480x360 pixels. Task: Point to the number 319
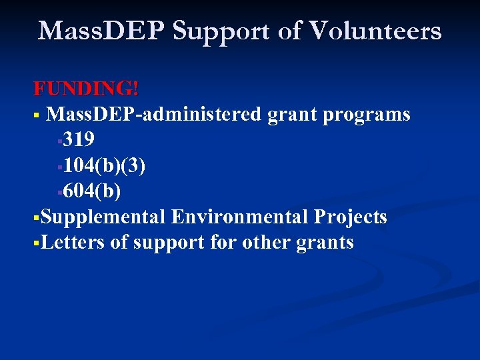(x=79, y=140)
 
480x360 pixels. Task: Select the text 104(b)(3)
(x=105, y=165)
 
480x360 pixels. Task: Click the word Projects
(x=351, y=217)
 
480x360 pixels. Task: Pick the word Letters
(x=73, y=243)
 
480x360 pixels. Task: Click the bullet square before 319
(x=60, y=141)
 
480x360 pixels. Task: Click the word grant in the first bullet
(x=292, y=115)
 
